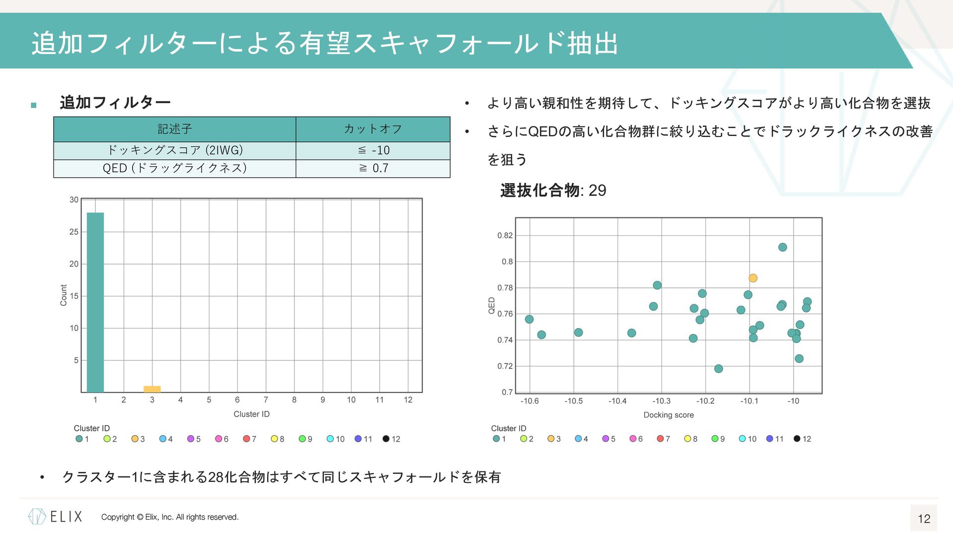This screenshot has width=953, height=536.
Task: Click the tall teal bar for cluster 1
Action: point(95,302)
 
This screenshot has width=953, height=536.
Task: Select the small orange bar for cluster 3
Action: point(152,389)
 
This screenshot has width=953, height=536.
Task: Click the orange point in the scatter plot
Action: point(753,278)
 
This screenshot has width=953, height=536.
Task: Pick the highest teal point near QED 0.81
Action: point(783,247)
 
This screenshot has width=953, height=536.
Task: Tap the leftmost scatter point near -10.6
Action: point(529,319)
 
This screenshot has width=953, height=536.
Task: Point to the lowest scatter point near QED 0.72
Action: point(719,369)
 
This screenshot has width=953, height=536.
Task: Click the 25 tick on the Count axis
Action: point(74,232)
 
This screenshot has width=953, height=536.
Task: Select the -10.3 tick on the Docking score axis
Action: point(661,401)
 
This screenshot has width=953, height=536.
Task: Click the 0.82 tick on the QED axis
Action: point(505,235)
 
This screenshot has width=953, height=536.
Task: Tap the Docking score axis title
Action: point(669,415)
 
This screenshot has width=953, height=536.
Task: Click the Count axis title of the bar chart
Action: point(64,295)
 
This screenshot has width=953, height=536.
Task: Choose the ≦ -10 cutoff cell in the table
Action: point(373,150)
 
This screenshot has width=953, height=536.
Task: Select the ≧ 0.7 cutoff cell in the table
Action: point(373,168)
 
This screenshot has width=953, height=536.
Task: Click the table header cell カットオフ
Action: point(373,129)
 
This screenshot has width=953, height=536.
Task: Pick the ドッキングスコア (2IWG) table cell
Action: point(175,150)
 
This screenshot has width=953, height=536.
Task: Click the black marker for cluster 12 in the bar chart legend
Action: point(386,439)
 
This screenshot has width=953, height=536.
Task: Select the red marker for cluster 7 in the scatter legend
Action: point(660,439)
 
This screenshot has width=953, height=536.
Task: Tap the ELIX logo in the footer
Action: point(55,517)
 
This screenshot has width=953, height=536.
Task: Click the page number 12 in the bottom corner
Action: point(924,519)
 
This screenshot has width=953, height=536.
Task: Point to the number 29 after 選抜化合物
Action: point(597,191)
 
